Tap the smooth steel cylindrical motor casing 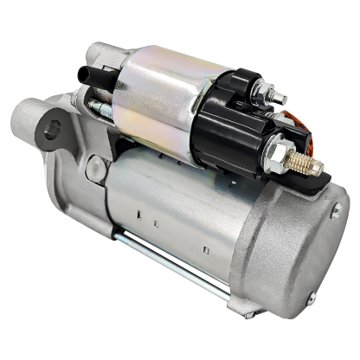tap(182, 208)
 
